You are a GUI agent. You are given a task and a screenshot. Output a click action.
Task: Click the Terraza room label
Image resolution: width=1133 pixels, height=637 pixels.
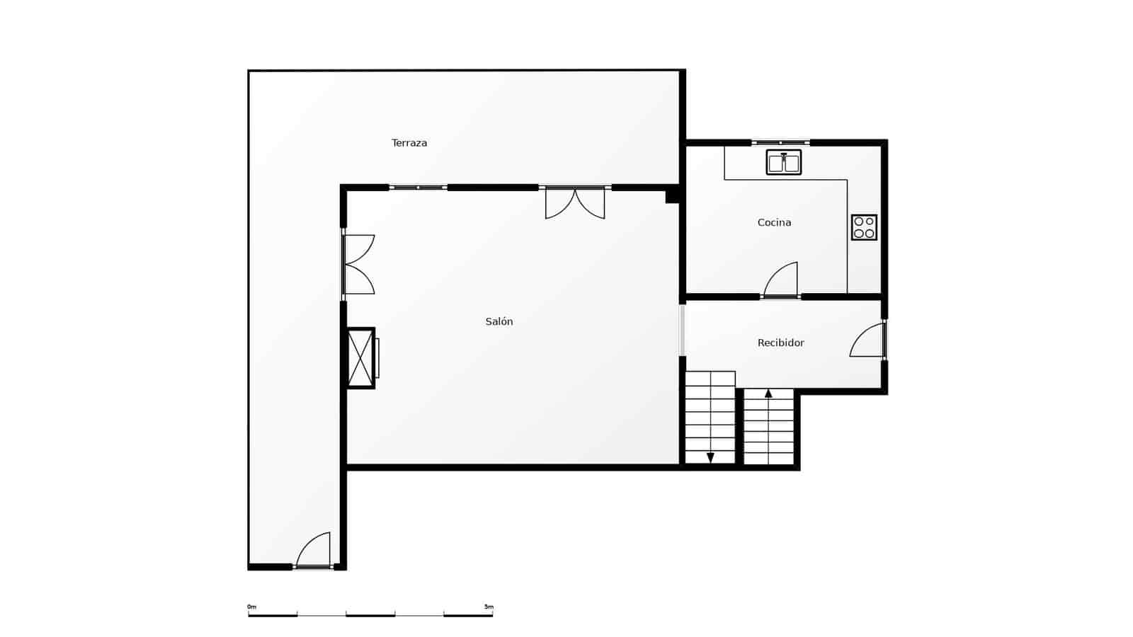(x=409, y=143)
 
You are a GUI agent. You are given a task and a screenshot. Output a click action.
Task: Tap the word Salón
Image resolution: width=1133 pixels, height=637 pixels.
(x=499, y=321)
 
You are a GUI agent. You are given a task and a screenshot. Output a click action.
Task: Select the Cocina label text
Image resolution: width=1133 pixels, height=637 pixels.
(x=774, y=222)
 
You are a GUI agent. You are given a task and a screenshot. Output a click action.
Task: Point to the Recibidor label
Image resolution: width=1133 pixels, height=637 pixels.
(x=780, y=343)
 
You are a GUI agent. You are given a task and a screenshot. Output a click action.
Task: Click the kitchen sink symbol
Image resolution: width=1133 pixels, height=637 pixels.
(x=783, y=162)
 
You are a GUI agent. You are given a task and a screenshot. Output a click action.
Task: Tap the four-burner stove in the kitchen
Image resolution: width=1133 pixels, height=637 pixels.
(x=864, y=227)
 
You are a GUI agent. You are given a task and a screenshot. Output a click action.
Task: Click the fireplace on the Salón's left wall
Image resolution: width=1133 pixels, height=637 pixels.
(x=361, y=358)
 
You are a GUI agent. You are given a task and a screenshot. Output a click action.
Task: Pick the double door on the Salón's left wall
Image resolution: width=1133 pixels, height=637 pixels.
(x=358, y=264)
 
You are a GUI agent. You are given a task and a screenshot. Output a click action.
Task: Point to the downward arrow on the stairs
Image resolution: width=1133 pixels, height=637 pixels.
(x=710, y=457)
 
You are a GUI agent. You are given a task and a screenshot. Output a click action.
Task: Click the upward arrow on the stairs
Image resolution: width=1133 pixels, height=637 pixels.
(x=768, y=394)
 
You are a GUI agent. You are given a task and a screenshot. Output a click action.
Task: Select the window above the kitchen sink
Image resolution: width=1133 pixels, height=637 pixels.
(x=780, y=143)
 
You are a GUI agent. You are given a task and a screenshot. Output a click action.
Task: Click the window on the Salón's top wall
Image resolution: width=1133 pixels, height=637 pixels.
(x=418, y=188)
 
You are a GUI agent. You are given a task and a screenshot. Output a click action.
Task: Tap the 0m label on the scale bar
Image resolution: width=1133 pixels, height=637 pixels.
(x=251, y=607)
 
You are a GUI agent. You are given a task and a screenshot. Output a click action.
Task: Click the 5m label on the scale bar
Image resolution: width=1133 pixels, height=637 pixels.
(x=489, y=607)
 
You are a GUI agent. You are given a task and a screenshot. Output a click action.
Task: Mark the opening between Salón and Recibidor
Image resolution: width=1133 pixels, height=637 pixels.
(x=683, y=330)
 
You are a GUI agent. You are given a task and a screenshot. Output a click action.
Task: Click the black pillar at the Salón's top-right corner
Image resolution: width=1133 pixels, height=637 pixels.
(x=673, y=195)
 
